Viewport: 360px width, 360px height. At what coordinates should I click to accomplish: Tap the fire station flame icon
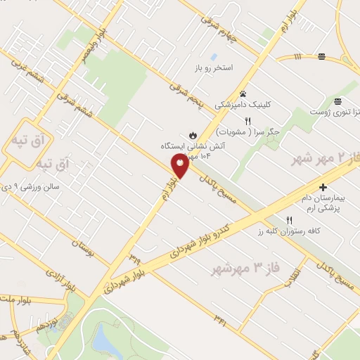pos(193,134)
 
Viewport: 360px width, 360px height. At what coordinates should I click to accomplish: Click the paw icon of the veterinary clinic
pos(243,93)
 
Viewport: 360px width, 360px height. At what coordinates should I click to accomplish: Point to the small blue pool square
pos(214,56)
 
